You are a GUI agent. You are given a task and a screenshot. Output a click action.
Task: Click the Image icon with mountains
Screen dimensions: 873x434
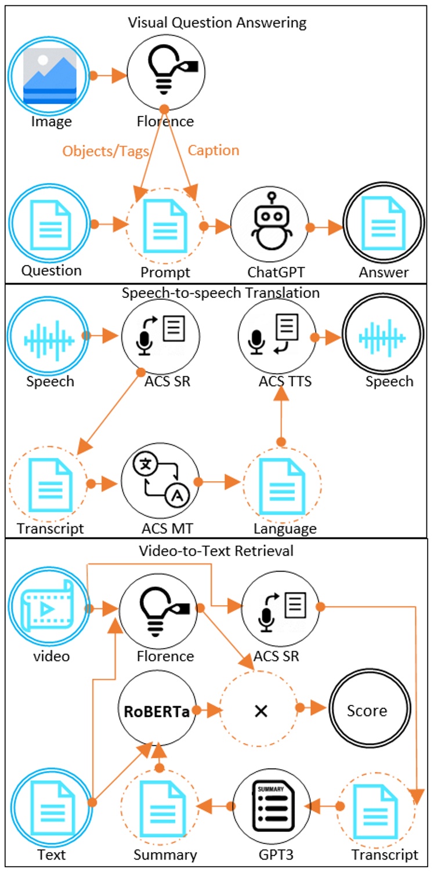(x=49, y=76)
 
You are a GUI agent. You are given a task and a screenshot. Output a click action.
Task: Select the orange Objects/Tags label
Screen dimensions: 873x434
(x=106, y=151)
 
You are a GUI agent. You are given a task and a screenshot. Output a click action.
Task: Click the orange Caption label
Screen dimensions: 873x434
(x=214, y=150)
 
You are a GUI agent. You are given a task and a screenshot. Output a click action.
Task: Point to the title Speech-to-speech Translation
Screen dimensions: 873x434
(x=220, y=293)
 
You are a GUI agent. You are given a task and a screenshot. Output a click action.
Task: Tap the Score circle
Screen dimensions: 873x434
(x=367, y=710)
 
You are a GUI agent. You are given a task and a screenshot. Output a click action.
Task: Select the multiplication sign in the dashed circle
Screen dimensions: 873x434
(x=261, y=710)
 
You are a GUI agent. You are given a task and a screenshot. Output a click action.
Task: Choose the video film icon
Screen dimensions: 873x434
(x=49, y=609)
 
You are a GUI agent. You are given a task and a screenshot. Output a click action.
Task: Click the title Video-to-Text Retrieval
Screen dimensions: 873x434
(x=216, y=551)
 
